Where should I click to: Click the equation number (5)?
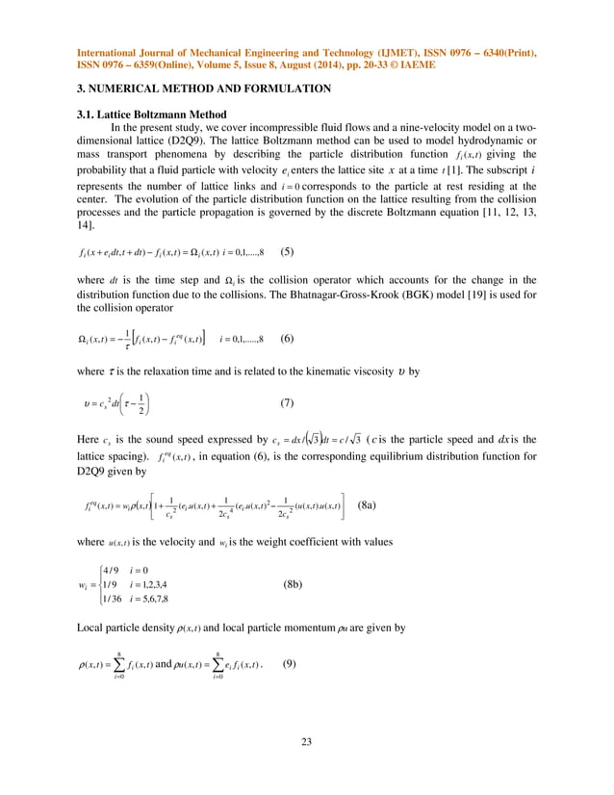287,254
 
